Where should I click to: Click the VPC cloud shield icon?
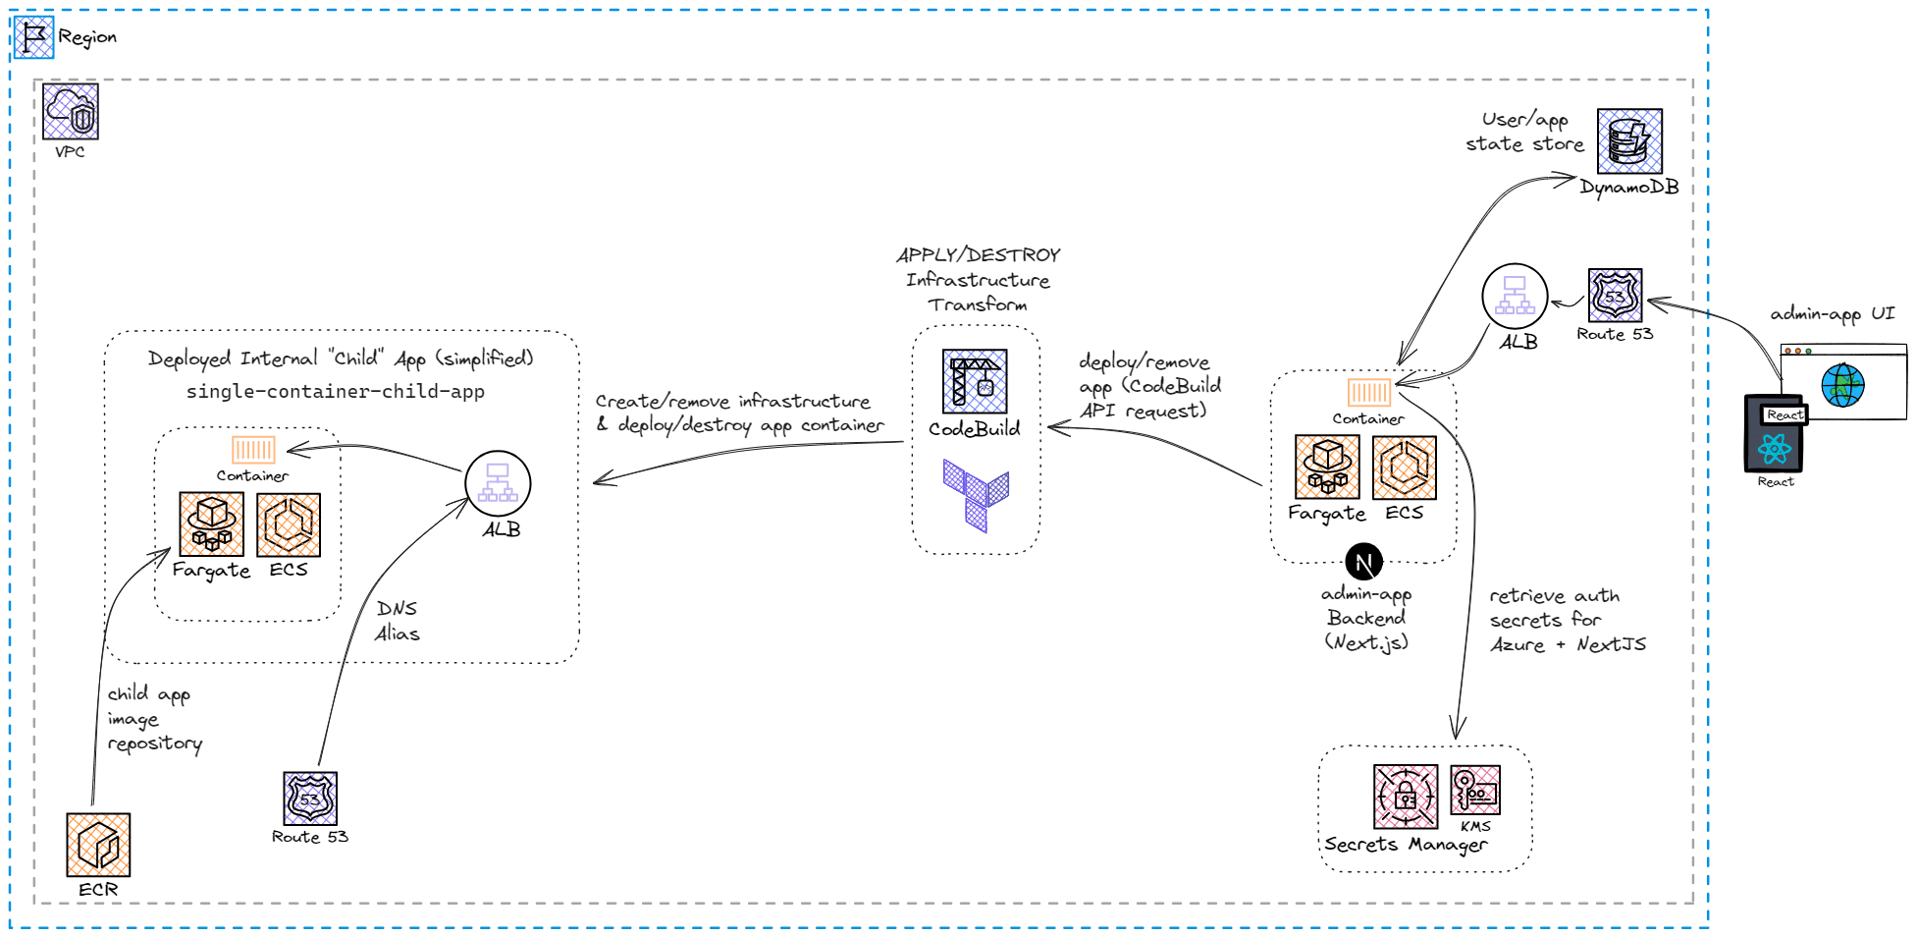point(71,111)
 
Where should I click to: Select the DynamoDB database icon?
point(1629,141)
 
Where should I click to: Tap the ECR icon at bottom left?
point(98,845)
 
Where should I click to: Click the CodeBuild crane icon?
point(975,381)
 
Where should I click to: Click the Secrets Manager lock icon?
point(1406,797)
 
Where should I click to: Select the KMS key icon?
point(1475,790)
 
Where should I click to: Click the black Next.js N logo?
point(1363,563)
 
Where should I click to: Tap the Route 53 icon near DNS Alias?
point(310,799)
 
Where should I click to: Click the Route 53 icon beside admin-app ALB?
point(1616,295)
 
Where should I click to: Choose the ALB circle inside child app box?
point(498,483)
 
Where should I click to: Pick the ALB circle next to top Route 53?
point(1515,296)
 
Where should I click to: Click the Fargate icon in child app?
point(212,524)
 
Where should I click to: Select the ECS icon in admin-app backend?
point(1405,468)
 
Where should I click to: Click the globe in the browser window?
point(1842,385)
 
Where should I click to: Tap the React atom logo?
point(1775,449)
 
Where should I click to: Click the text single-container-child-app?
point(336,391)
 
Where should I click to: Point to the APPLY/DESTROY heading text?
point(979,255)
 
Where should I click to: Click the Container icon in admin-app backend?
point(1368,392)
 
